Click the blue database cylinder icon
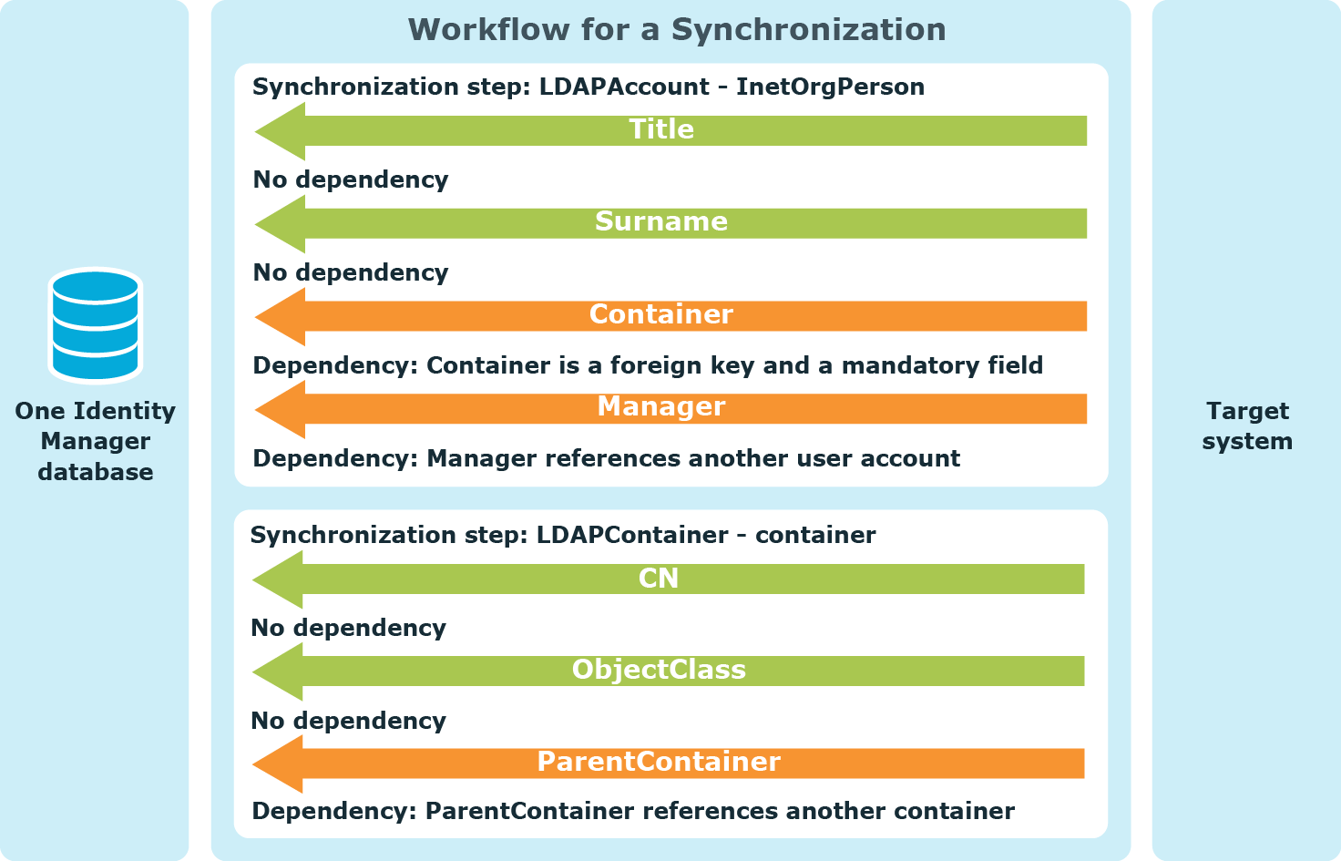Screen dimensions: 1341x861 95,325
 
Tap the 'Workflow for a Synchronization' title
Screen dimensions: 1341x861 677,29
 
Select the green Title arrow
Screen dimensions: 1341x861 670,131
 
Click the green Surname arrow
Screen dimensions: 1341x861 670,223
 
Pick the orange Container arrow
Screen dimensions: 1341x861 670,316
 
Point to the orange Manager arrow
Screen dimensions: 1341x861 670,409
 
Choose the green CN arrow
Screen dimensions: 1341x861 668,579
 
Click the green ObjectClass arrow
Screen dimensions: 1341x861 668,671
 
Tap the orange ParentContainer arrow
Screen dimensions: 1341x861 668,764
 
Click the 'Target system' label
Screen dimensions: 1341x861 1247,425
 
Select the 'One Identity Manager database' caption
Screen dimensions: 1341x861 95,441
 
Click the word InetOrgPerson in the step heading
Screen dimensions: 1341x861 830,87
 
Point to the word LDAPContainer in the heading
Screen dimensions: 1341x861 632,535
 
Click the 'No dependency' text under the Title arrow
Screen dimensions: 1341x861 351,179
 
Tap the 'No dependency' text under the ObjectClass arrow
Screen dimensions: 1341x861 348,721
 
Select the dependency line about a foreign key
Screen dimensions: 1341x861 648,365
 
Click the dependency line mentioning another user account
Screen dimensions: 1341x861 607,458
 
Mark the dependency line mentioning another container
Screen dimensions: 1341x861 633,811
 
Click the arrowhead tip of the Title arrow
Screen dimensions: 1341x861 256,131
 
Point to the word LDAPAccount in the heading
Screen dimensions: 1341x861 624,87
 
